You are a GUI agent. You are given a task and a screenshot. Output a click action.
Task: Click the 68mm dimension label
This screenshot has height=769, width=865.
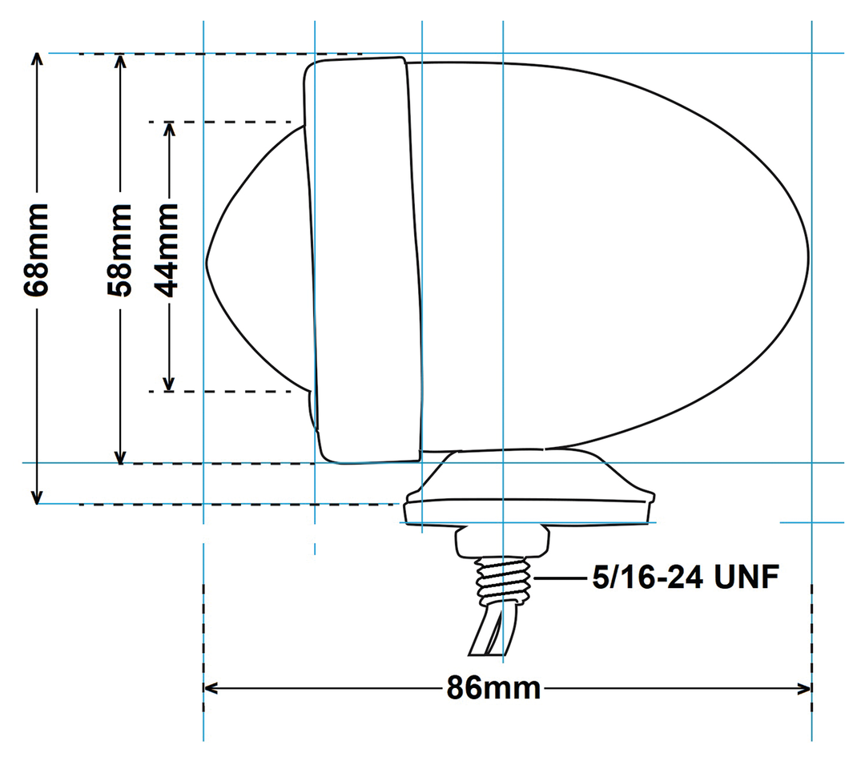(x=37, y=250)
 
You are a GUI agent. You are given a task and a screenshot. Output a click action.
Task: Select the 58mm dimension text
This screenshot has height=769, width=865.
(x=119, y=250)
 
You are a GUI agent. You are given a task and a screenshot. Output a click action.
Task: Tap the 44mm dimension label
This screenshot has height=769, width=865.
(x=168, y=250)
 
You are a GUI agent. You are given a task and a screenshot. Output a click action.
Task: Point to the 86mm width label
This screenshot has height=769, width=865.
(x=493, y=688)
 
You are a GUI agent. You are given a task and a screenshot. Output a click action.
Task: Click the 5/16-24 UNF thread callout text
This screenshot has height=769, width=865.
(x=685, y=577)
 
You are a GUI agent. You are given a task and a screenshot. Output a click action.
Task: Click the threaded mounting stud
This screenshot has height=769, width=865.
(x=502, y=581)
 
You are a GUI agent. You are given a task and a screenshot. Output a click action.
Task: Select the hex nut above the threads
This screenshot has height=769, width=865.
(x=502, y=542)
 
